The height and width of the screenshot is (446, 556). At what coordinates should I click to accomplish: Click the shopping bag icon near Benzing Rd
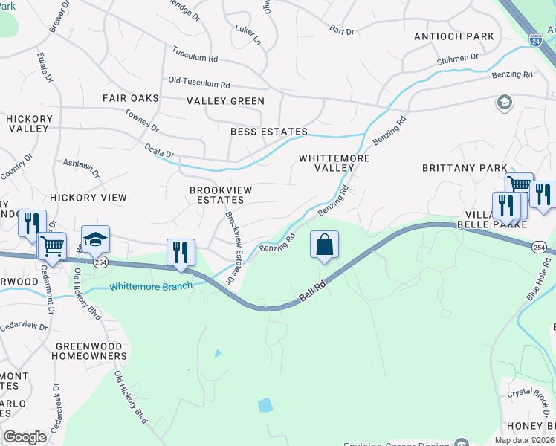[x=325, y=245]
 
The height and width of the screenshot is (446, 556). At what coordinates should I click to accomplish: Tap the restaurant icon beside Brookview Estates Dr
[x=181, y=253]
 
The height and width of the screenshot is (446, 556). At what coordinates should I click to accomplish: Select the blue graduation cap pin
[x=95, y=239]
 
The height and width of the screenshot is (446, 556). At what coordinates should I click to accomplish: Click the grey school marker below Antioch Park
[x=505, y=102]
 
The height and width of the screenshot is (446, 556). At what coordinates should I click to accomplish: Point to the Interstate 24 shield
[x=535, y=39]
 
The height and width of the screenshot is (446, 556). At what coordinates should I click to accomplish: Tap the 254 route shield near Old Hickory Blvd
[x=100, y=262]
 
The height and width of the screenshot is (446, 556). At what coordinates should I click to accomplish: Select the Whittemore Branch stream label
[x=151, y=286]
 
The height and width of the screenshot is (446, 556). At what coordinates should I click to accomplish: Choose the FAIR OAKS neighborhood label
[x=131, y=98]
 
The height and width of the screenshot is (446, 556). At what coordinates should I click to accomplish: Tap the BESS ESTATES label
[x=268, y=132]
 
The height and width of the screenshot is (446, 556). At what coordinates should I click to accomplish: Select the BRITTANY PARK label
[x=465, y=168]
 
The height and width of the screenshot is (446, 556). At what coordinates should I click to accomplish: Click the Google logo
[x=25, y=437]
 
